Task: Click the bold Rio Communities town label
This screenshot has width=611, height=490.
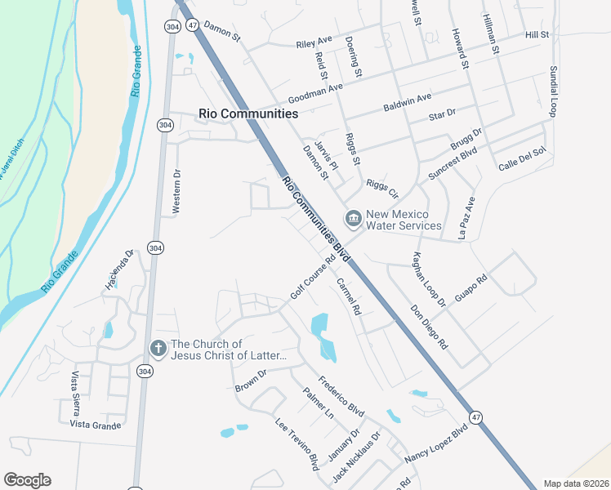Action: tap(248, 114)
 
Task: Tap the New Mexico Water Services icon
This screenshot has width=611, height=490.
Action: tap(354, 217)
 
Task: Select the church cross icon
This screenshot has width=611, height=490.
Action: tap(158, 349)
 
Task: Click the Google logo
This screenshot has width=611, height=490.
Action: tap(27, 480)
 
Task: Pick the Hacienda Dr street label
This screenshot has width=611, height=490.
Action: tap(118, 269)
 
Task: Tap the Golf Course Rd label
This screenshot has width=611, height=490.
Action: tap(313, 278)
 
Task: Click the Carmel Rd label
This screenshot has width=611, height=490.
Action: tap(349, 296)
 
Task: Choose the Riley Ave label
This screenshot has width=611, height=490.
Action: tap(314, 39)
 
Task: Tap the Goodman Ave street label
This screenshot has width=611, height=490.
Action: tap(314, 90)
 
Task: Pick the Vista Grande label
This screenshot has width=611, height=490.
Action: tap(96, 425)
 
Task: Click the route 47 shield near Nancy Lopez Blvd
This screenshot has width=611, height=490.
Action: tap(476, 417)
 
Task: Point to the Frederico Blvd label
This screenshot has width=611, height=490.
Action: tap(341, 396)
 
